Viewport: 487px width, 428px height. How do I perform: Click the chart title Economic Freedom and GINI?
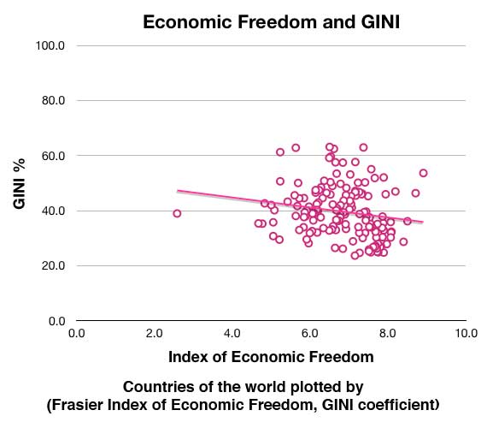(x=270, y=23)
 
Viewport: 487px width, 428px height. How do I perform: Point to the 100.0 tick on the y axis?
(x=50, y=45)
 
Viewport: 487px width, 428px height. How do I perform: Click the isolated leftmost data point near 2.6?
(x=177, y=213)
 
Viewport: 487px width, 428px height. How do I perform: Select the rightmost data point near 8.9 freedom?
(x=423, y=173)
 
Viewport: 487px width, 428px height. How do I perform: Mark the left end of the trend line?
(x=178, y=191)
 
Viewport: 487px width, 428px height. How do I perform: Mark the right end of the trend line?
(x=422, y=223)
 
